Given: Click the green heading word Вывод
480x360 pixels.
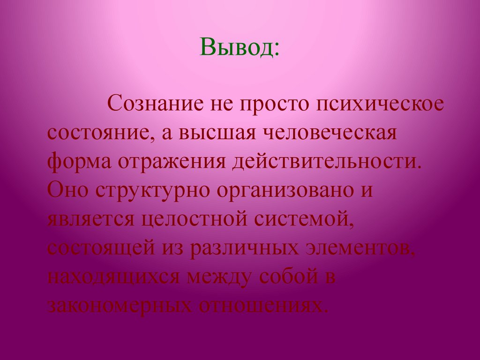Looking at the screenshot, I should [x=240, y=49].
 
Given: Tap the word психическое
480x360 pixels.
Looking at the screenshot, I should [x=379, y=104].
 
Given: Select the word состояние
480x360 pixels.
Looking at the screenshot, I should [x=97, y=133].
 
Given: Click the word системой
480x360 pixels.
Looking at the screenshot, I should [x=305, y=219].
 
